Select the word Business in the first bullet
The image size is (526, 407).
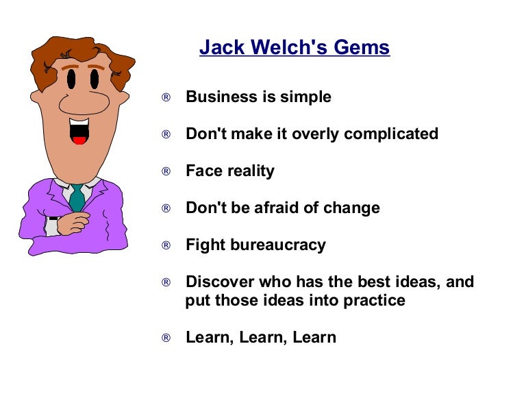click(x=220, y=97)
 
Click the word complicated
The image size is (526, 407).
click(x=391, y=134)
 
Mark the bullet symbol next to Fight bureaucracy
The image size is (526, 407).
click(x=166, y=245)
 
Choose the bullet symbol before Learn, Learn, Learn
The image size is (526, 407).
click(x=166, y=338)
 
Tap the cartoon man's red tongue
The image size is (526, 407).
click(x=79, y=140)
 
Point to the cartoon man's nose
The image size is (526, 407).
click(x=84, y=103)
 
